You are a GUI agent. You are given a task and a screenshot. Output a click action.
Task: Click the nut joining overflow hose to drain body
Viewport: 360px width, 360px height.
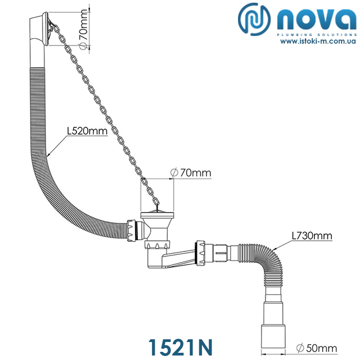click(x=133, y=229)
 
